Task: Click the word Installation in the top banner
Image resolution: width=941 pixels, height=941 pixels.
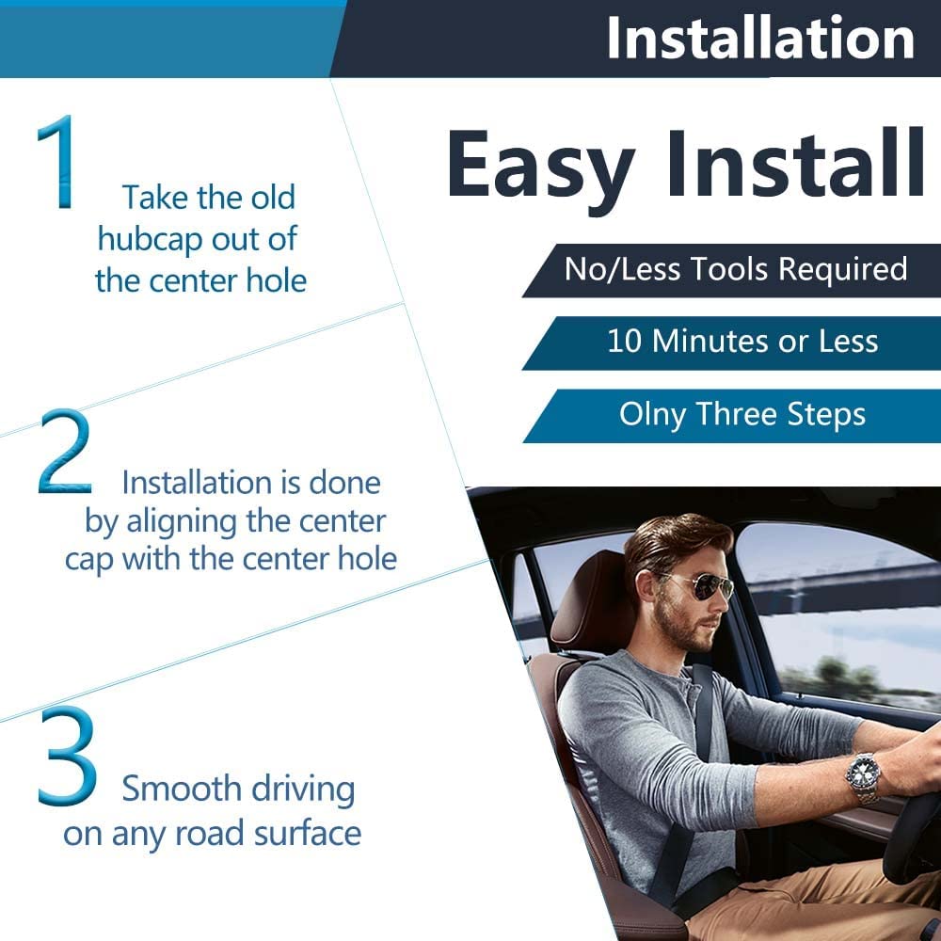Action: coord(760,38)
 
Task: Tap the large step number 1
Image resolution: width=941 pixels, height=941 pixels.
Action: coord(57,162)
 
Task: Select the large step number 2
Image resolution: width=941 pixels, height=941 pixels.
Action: coord(65,451)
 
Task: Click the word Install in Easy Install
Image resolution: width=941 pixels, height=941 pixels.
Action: coord(796,162)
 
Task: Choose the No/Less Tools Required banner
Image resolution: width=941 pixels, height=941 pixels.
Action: coord(732,271)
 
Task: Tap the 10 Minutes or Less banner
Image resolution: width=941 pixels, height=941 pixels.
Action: coord(732,343)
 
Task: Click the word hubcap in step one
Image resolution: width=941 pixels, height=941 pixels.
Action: coord(150,239)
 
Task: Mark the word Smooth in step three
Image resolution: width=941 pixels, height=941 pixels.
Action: coord(183,788)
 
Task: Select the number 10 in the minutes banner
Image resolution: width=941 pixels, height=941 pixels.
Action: coord(626,342)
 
